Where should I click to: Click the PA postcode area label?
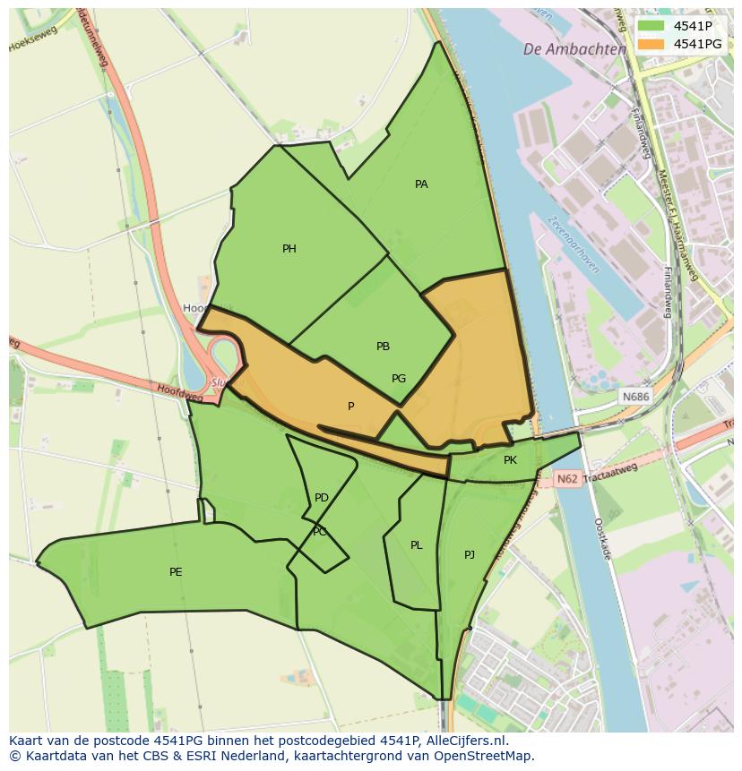point(421,184)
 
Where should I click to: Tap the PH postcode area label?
point(289,249)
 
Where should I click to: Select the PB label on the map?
point(383,347)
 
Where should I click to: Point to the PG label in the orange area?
point(399,379)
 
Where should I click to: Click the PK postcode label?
point(510,460)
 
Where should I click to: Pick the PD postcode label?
point(322,498)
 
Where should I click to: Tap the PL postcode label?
point(416,545)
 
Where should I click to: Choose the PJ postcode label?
point(469,555)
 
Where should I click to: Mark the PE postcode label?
point(176,572)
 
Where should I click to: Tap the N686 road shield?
point(635,397)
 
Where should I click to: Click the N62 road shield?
point(567,479)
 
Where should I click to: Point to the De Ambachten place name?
point(574,50)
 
